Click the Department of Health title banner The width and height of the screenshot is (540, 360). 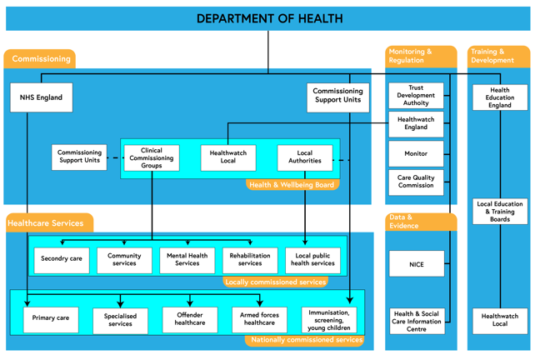pyautogui.click(x=268, y=18)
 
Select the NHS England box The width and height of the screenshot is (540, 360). pyautogui.click(x=41, y=97)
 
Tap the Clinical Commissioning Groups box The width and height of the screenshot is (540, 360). pyautogui.click(x=152, y=158)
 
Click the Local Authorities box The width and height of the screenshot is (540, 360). pyautogui.click(x=304, y=157)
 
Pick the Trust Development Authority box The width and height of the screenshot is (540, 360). pyautogui.click(x=416, y=96)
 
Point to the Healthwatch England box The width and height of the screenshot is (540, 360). pyautogui.click(x=416, y=124)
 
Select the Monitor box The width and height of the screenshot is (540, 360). pyautogui.click(x=416, y=153)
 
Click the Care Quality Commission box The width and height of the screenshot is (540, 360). pyautogui.click(x=416, y=182)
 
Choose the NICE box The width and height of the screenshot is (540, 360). pyautogui.click(x=416, y=264)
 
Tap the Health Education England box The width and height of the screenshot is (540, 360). pyautogui.click(x=500, y=97)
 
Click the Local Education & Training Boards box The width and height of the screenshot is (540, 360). pyautogui.click(x=500, y=211)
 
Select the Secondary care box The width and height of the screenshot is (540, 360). pyautogui.click(x=62, y=259)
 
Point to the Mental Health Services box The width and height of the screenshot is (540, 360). pyautogui.click(x=187, y=260)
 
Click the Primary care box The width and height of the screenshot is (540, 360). pyautogui.click(x=51, y=318)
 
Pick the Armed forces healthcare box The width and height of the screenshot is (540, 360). pyautogui.click(x=259, y=319)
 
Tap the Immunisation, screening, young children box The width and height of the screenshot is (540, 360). pyautogui.click(x=328, y=319)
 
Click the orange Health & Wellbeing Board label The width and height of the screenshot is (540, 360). pyautogui.click(x=292, y=185)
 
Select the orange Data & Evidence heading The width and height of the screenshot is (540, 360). pyautogui.click(x=421, y=222)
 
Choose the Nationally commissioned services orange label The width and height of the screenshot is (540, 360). pyautogui.click(x=307, y=340)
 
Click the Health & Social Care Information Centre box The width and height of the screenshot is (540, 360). pyautogui.click(x=416, y=321)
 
